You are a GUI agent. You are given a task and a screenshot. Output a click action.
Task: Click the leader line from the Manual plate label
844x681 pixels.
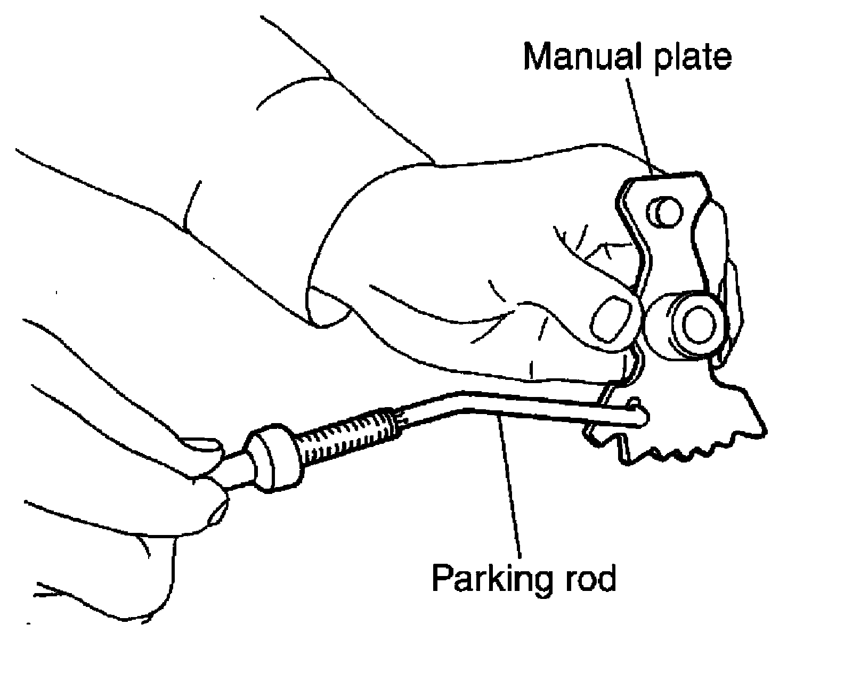[640, 123]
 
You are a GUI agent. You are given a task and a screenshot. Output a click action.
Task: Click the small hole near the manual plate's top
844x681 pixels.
[663, 213]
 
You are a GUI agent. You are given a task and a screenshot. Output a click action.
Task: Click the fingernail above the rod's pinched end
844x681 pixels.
[200, 445]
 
